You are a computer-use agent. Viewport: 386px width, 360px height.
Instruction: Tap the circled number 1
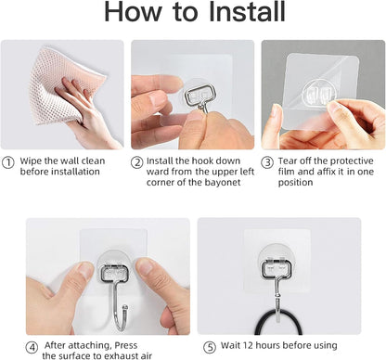pos(9,161)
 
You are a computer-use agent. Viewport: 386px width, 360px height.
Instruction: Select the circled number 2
pos(137,161)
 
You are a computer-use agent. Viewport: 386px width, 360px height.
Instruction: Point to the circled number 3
pos(266,161)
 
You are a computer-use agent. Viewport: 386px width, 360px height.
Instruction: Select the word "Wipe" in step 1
pos(31,161)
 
